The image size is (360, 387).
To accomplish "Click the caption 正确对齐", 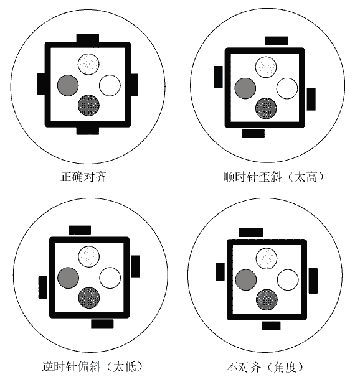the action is (x=83, y=177).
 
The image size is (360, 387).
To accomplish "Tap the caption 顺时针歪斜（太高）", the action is (x=273, y=177).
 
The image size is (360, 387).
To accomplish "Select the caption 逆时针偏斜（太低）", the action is (x=92, y=366).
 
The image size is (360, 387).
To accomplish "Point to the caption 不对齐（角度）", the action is (x=265, y=367).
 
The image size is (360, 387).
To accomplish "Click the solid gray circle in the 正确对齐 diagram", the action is (x=68, y=85).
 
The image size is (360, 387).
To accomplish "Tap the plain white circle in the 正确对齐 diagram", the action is (x=110, y=85).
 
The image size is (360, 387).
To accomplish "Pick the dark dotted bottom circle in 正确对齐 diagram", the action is (x=88, y=105).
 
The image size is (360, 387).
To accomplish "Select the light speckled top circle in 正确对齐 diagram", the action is (x=88, y=64).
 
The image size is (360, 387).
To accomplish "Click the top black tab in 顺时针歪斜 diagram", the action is (x=277, y=40).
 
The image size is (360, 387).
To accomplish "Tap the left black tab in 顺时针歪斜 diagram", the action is (x=218, y=77).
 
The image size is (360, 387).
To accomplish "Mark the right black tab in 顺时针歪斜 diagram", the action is (x=311, y=99).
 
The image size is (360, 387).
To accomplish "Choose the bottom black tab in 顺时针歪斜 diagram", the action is (x=253, y=134).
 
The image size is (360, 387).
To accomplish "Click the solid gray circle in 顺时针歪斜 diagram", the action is (x=245, y=88).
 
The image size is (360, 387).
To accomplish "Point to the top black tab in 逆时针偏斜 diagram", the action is (x=80, y=230).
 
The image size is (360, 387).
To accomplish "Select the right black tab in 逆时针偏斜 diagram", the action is (x=135, y=266).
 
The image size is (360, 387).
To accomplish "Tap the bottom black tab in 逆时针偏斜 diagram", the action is (x=102, y=324).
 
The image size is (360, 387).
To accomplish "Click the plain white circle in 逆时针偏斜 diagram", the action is (x=110, y=277).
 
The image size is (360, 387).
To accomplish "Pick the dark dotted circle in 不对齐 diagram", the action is (x=267, y=299).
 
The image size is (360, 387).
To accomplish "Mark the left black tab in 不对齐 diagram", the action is (x=220, y=271).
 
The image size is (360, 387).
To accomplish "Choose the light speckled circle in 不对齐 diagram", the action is (x=267, y=258).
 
